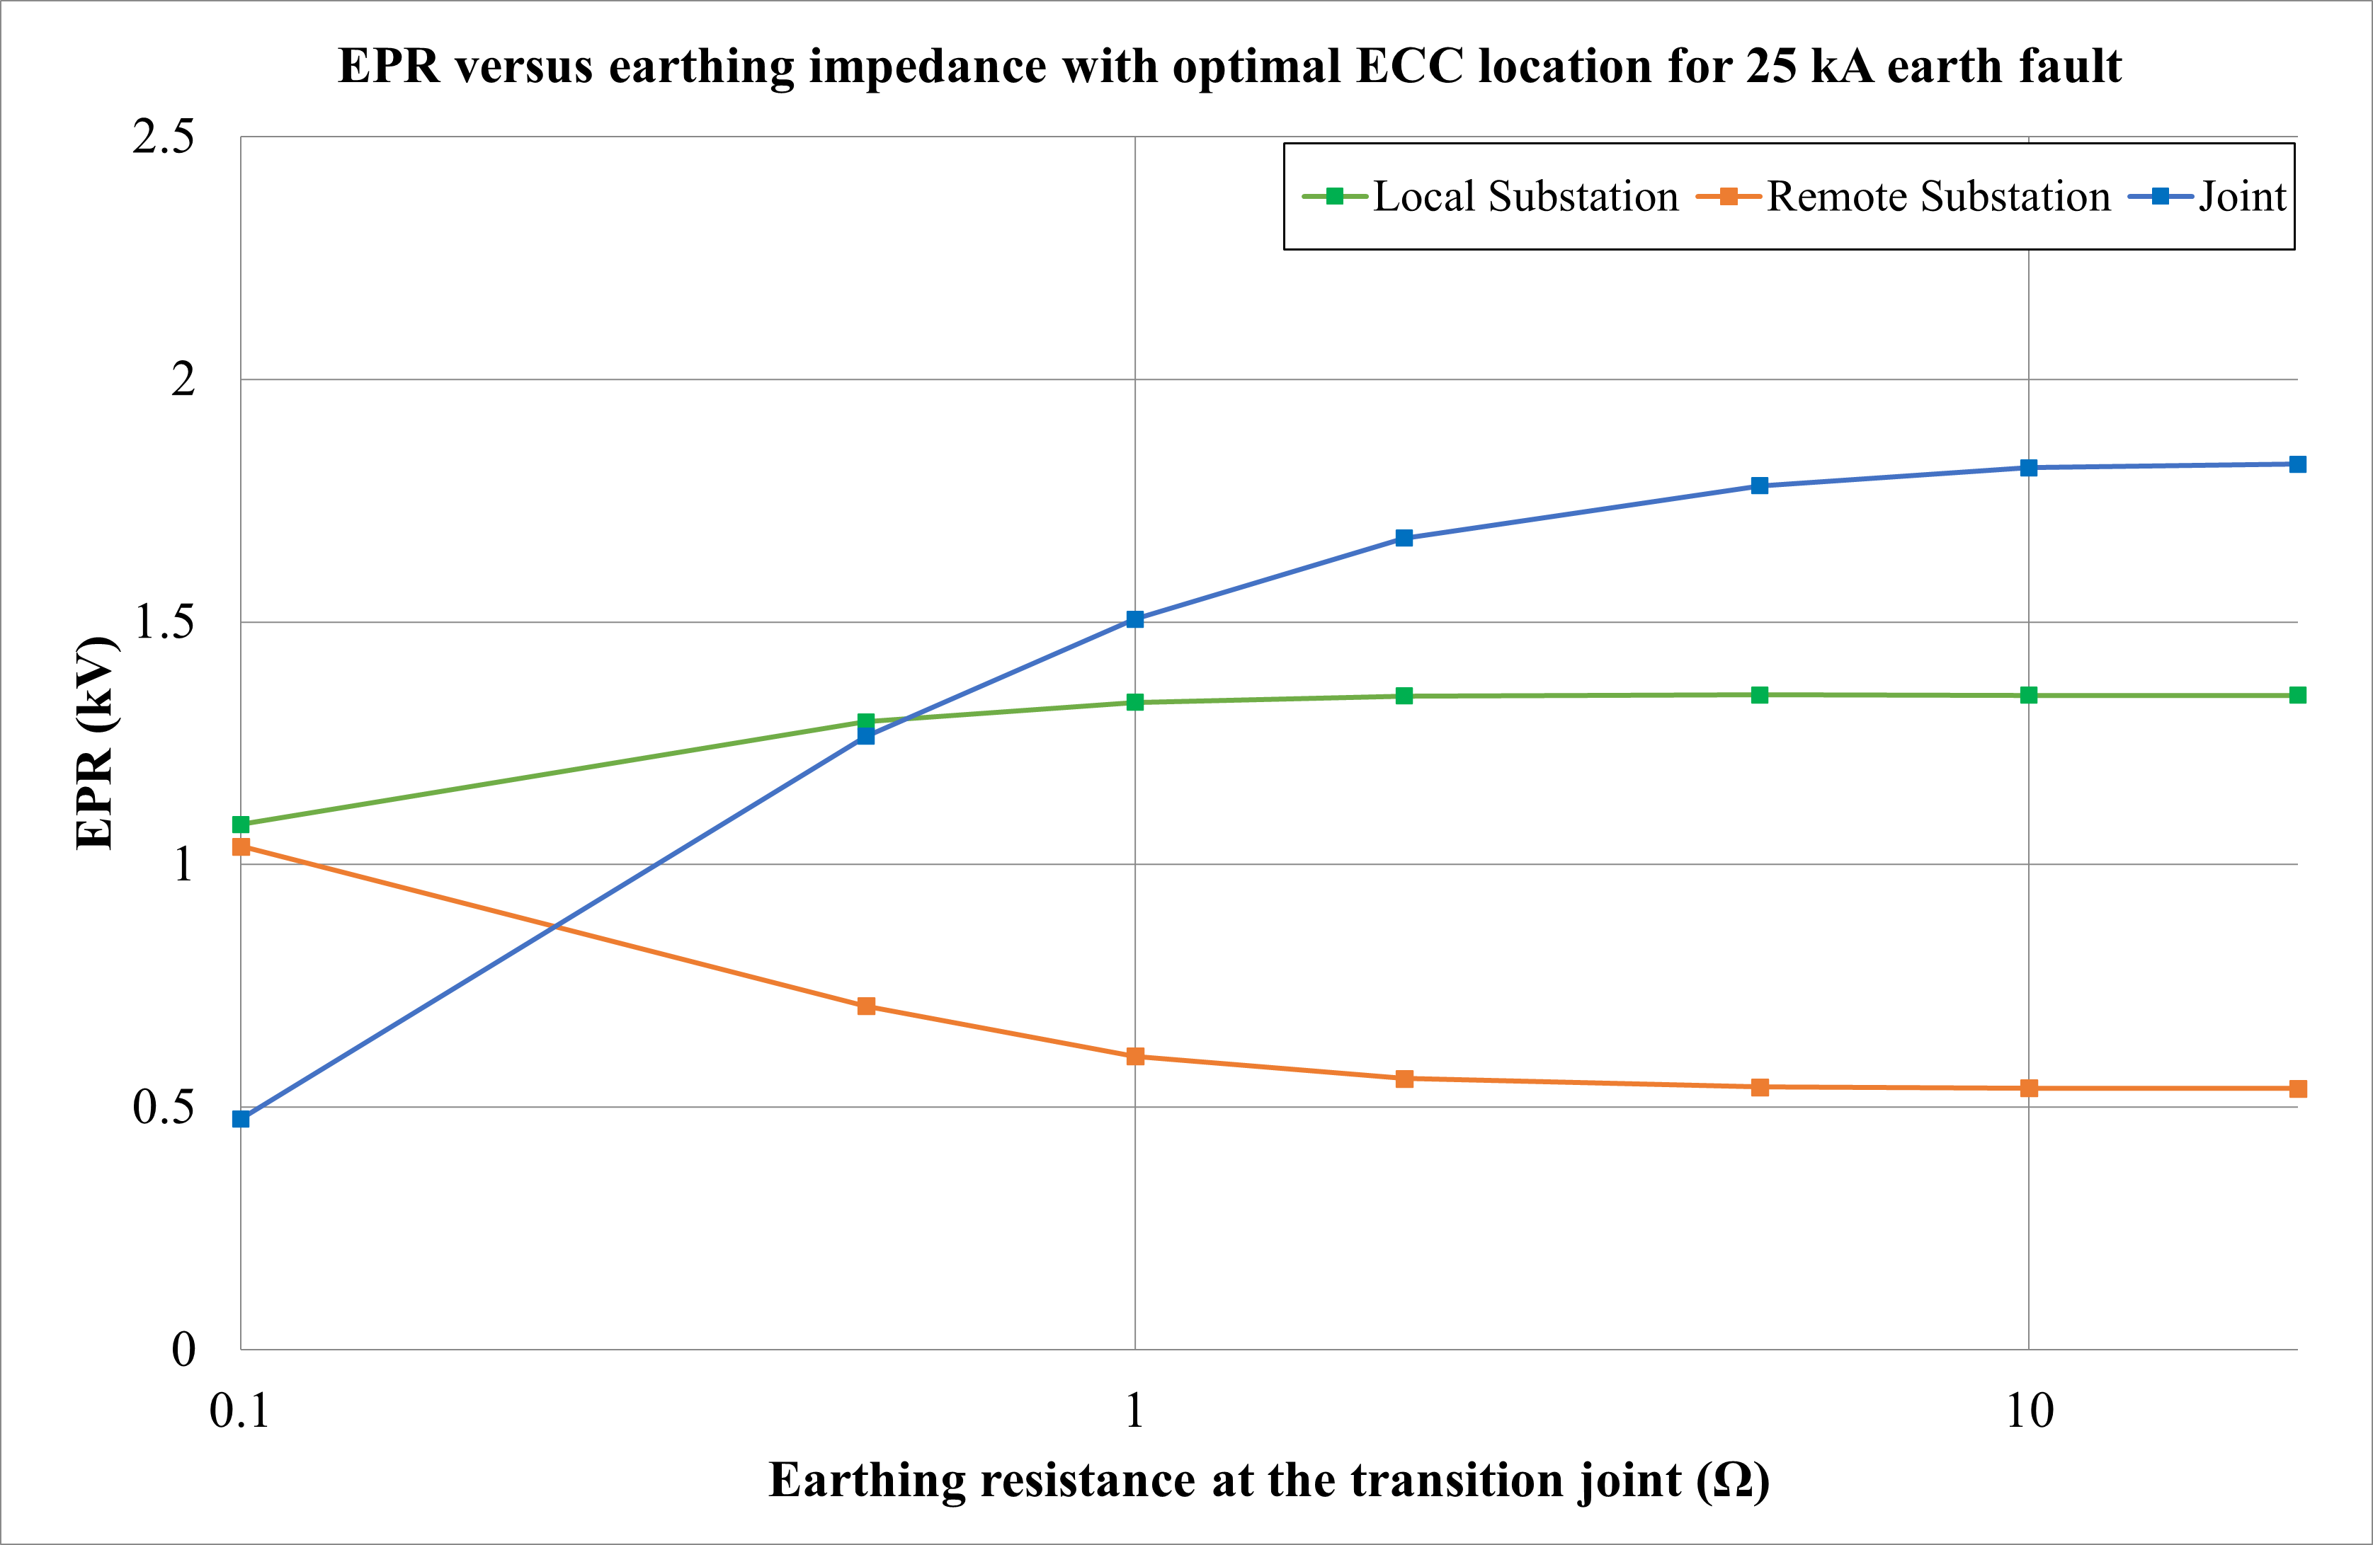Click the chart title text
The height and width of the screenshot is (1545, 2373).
tap(1229, 67)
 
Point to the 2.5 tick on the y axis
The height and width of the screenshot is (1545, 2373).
tap(164, 137)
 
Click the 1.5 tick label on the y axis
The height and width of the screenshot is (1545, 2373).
tap(164, 622)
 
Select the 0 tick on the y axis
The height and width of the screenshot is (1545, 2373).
tap(183, 1350)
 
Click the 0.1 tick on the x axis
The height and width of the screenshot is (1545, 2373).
tap(239, 1411)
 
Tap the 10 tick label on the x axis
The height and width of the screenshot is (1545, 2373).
tap(2028, 1411)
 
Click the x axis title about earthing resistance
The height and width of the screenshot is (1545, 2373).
tap(1268, 1479)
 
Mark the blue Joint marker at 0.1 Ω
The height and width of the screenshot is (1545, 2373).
tap(240, 1118)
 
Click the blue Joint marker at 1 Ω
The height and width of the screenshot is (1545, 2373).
tap(1134, 619)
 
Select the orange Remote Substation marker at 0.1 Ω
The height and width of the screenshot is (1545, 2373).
tap(240, 846)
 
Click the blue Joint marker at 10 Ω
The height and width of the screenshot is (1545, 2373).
tap(2028, 468)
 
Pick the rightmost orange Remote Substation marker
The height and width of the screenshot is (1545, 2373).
tap(2297, 1089)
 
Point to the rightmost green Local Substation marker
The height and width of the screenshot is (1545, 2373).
tap(2297, 695)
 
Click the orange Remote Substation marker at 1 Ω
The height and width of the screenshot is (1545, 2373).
tap(1134, 1057)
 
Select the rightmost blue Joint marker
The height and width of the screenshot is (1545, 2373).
tap(2297, 464)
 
